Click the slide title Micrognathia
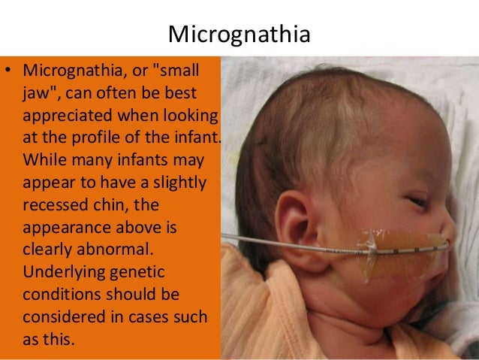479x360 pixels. click(239, 35)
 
